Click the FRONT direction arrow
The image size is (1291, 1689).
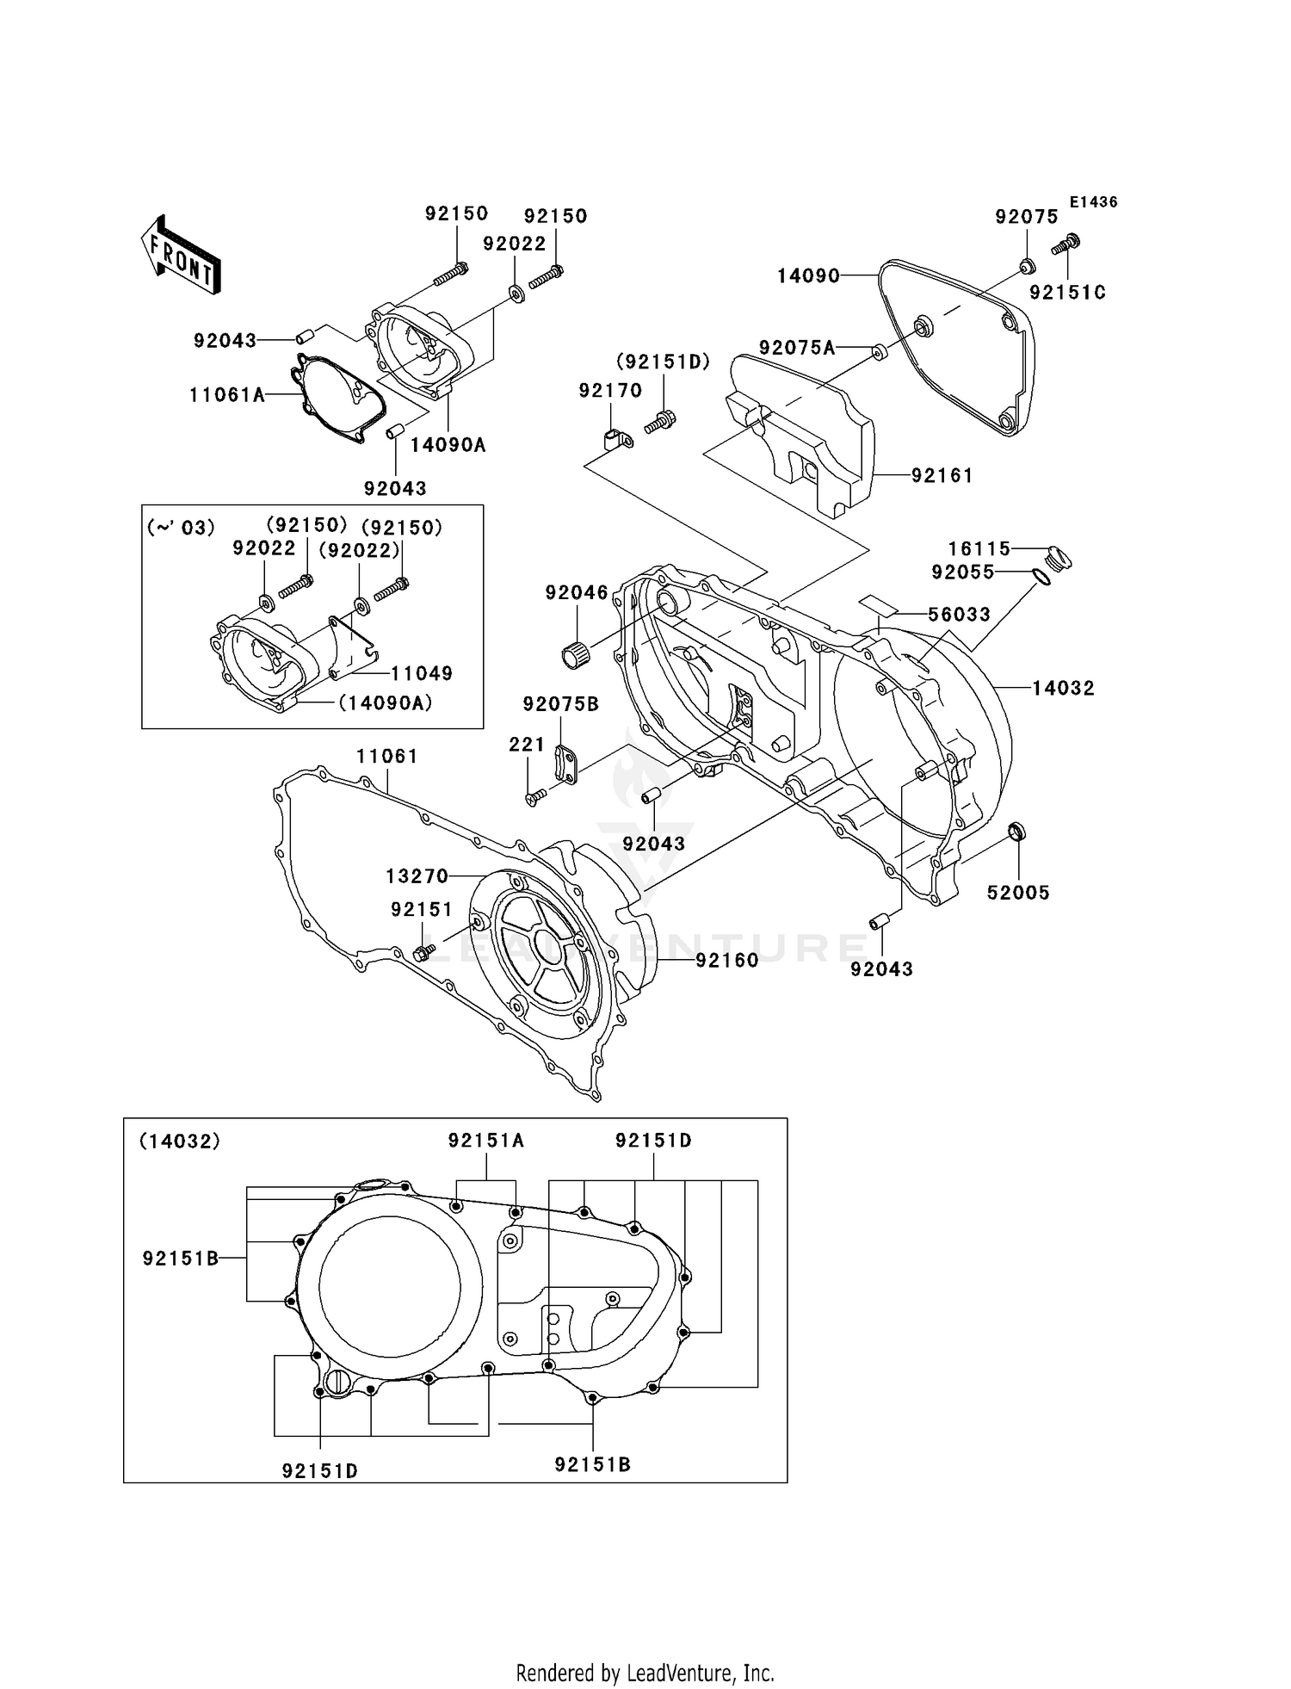[x=181, y=255]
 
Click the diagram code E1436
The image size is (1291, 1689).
[x=1093, y=201]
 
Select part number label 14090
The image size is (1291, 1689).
[x=807, y=275]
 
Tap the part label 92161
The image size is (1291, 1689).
[x=942, y=475]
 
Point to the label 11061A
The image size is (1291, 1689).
[x=226, y=395]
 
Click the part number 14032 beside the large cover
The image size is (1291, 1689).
[x=1063, y=688]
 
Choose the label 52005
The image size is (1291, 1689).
[x=1018, y=893]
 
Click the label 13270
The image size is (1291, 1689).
[x=417, y=876]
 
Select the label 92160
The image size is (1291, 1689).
[x=726, y=960]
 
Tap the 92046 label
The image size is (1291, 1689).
[x=576, y=592]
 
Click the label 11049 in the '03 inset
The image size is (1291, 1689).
[x=421, y=673]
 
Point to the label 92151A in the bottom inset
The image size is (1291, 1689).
[x=485, y=1141]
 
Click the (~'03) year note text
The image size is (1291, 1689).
[x=180, y=527]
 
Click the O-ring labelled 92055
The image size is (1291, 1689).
[x=1041, y=576]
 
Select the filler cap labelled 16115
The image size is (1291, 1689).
[x=1058, y=558]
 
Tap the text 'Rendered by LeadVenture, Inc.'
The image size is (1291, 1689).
[x=645, y=1673]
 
